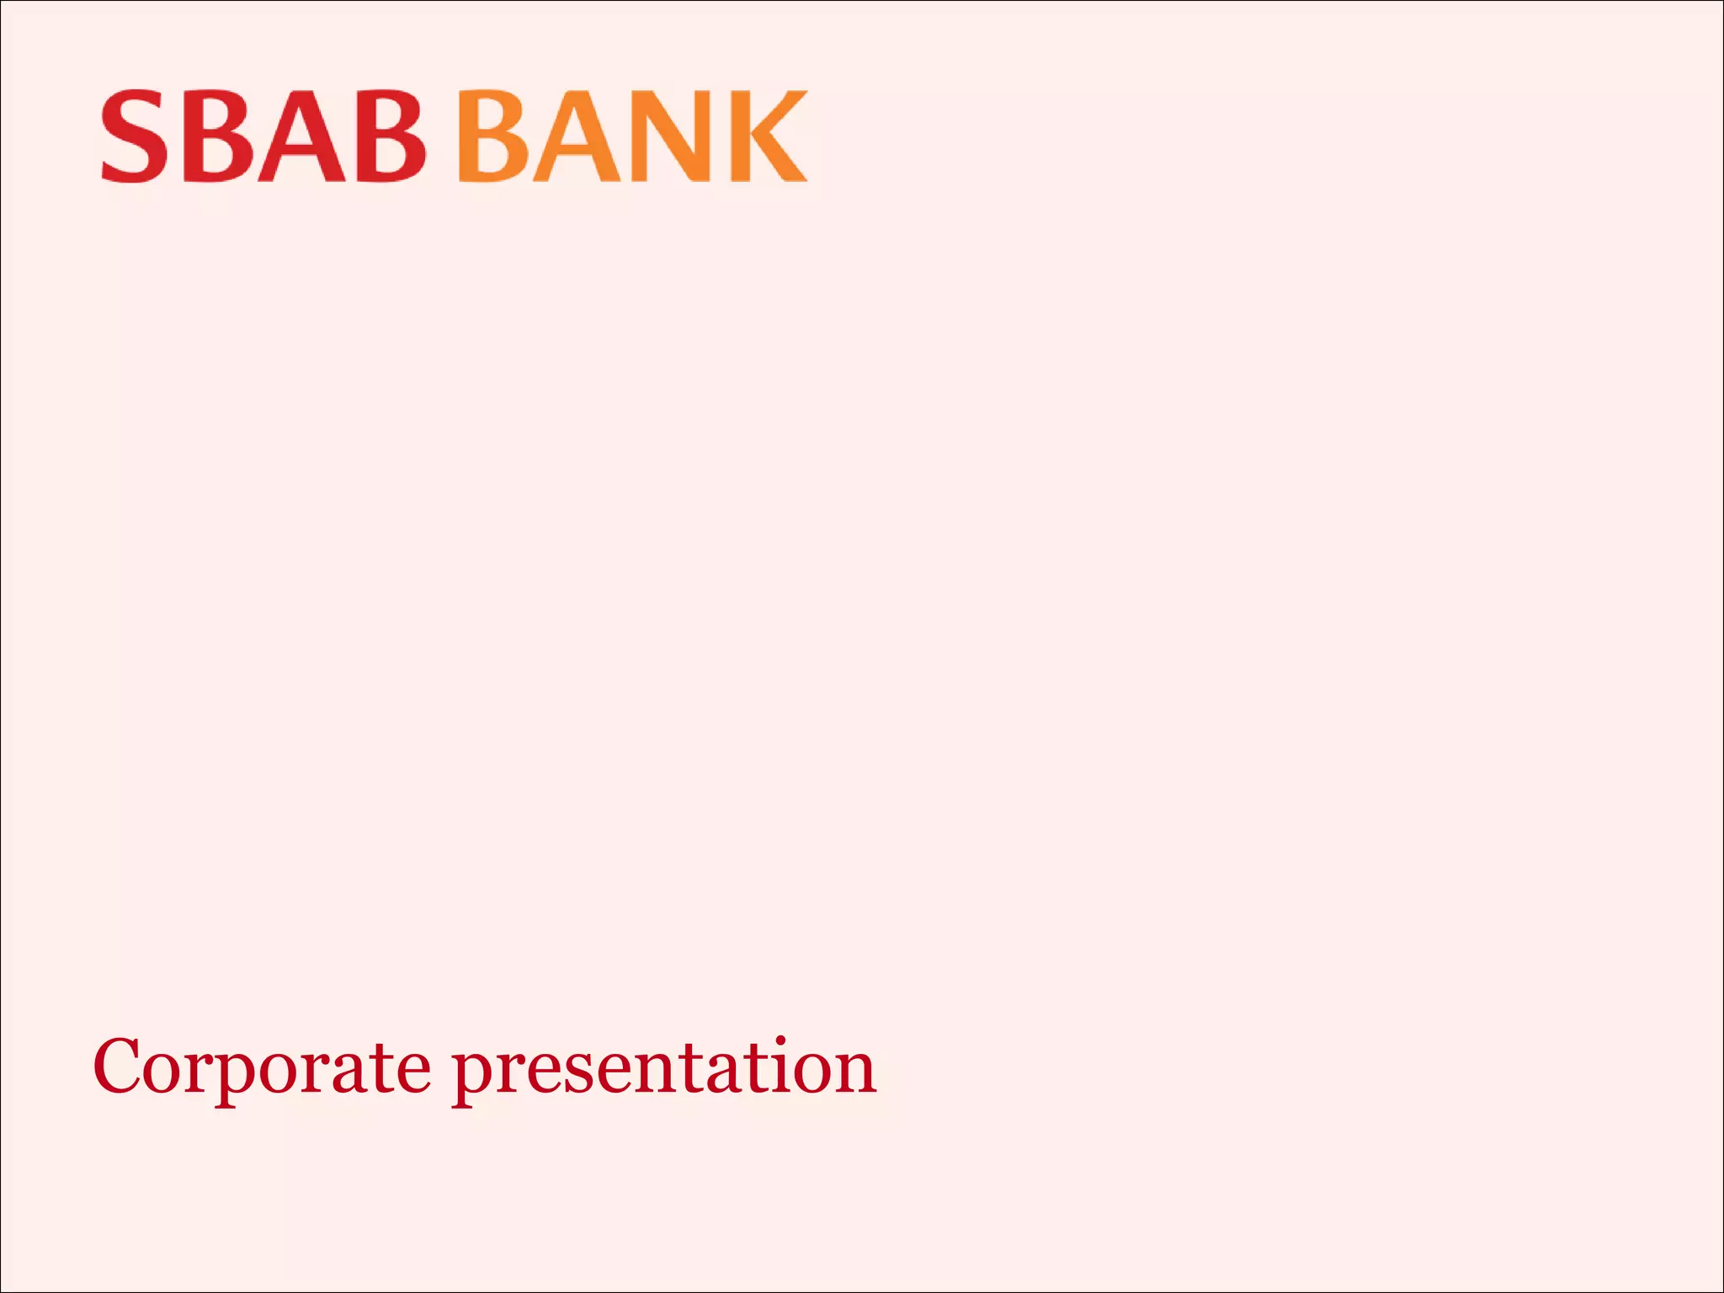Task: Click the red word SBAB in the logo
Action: click(263, 136)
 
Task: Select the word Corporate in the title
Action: click(261, 1067)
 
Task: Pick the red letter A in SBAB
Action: click(301, 136)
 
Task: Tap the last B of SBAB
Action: click(389, 136)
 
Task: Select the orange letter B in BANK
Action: click(494, 136)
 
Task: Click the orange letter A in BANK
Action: click(577, 136)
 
